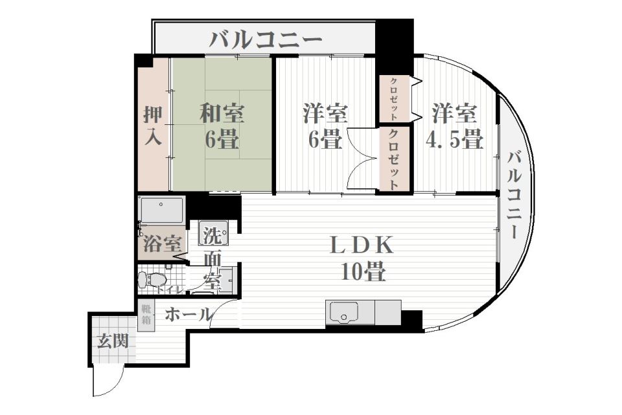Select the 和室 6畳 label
(x=221, y=126)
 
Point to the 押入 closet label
(x=153, y=126)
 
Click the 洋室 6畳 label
(x=325, y=126)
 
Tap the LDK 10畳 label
(x=362, y=259)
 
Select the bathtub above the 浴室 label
(x=162, y=210)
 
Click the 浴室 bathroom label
(x=161, y=245)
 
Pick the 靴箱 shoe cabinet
(x=146, y=316)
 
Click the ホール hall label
(x=187, y=315)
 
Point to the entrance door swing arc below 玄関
(x=106, y=382)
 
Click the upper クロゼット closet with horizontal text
(x=393, y=99)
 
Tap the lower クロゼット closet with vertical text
(x=393, y=159)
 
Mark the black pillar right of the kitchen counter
(x=411, y=319)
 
